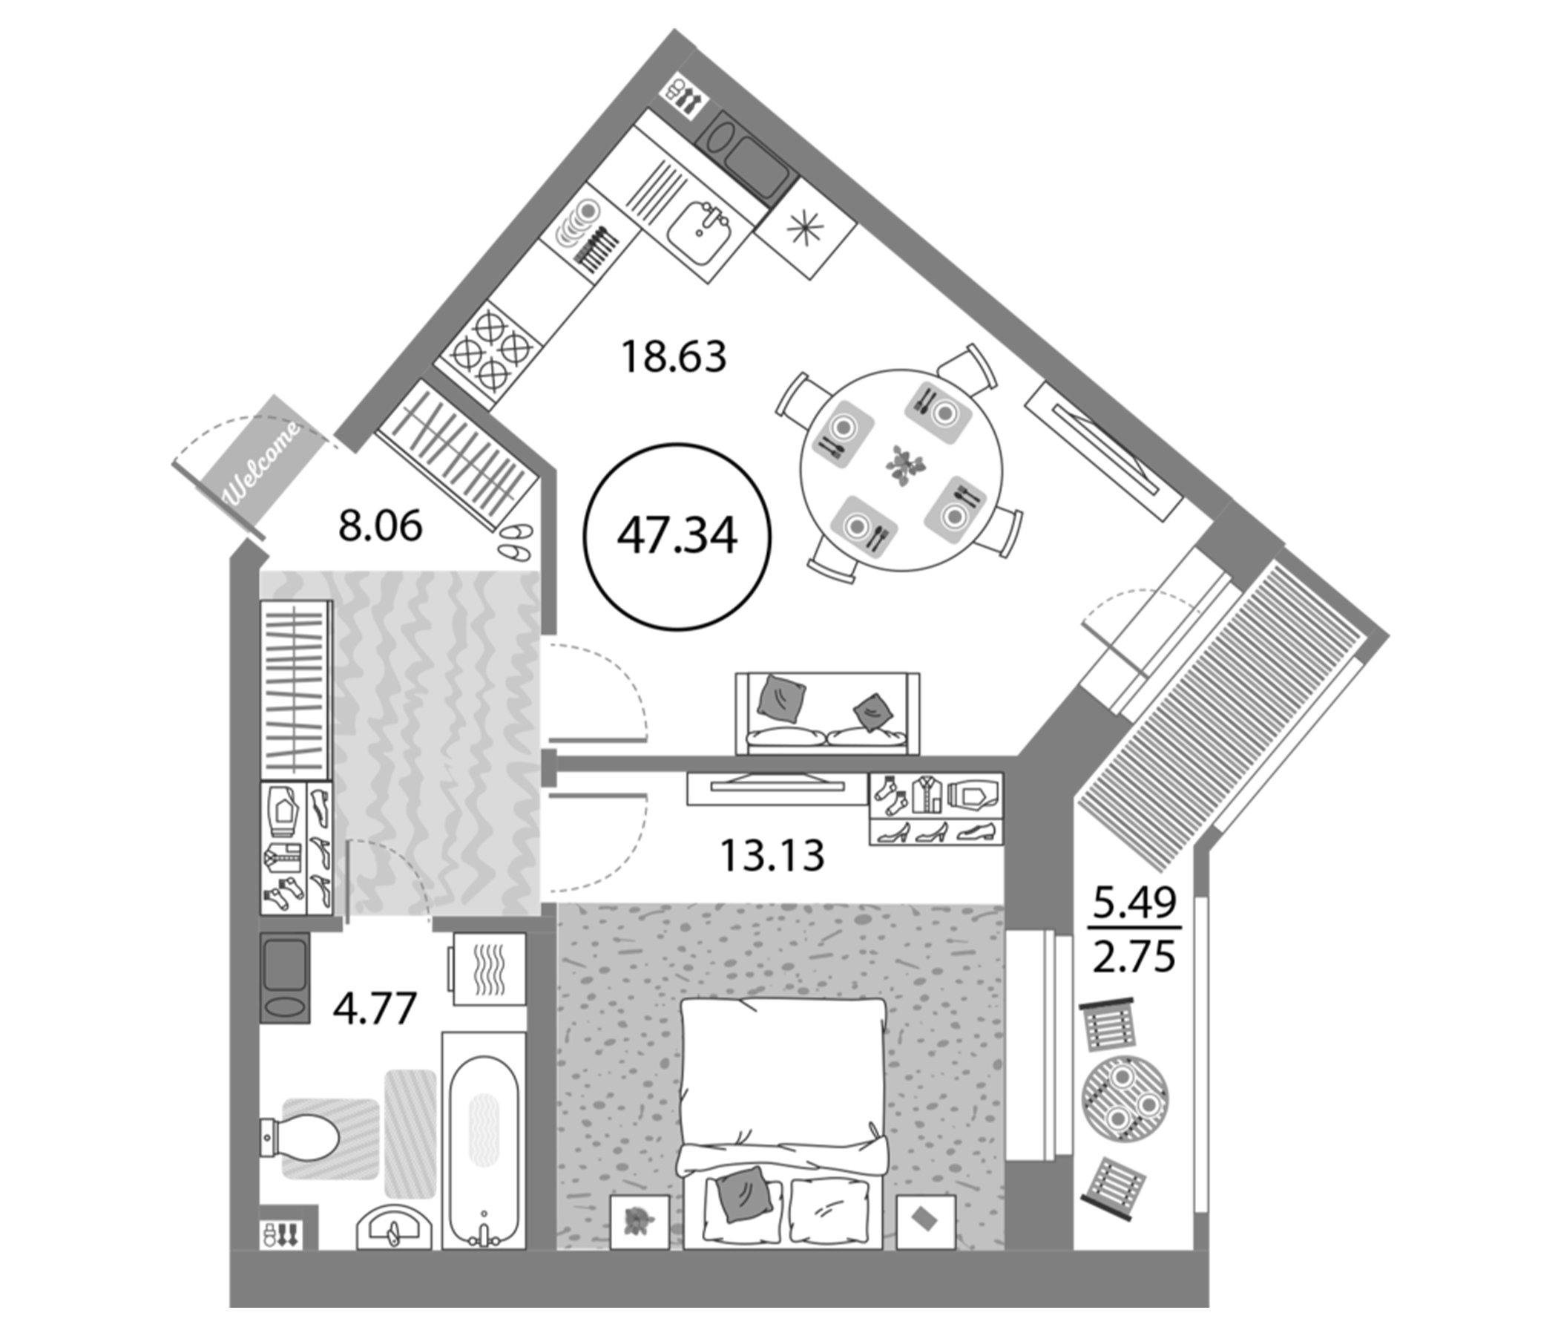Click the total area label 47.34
coord(677,537)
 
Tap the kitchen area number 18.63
coord(674,357)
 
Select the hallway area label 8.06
coord(380,525)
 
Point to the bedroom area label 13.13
coord(772,855)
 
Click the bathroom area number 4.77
coord(375,1009)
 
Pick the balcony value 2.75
coord(1134,957)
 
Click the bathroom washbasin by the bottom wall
coord(394,1228)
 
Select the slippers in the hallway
coord(516,543)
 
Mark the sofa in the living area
coord(827,714)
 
